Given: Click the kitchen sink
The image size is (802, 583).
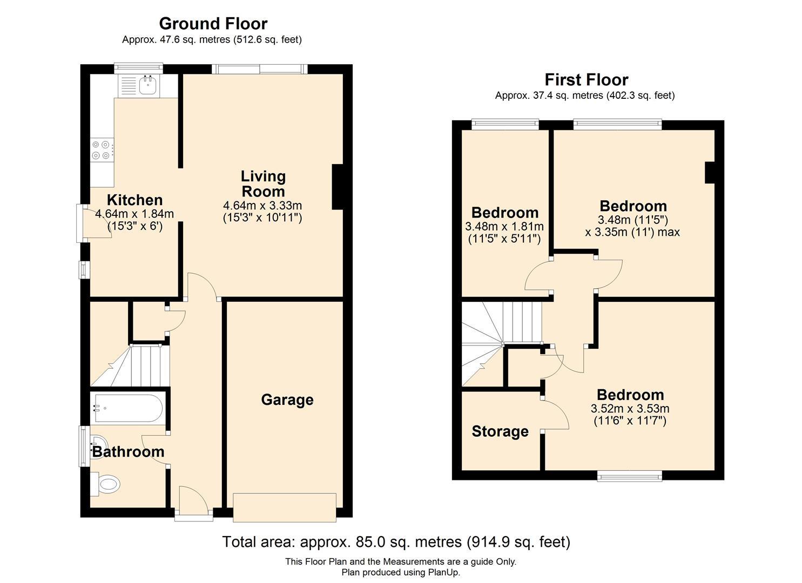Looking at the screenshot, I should [147, 85].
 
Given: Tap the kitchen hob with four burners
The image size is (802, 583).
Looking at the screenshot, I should [102, 150].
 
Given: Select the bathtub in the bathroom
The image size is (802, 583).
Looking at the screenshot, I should [128, 408].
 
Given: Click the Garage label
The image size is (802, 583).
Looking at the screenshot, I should [287, 400].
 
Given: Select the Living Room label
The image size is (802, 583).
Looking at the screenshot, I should [263, 184].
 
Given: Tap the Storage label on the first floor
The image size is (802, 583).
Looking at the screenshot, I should [500, 431].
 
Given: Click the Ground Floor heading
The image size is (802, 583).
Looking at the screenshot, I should [213, 24].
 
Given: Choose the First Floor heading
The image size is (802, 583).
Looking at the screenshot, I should [586, 80].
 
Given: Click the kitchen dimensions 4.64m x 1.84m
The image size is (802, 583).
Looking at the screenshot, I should [134, 214].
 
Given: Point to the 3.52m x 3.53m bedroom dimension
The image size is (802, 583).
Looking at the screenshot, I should [630, 409].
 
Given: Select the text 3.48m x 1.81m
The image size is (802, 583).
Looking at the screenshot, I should [504, 227].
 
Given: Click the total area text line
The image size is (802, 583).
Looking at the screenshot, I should [396, 541].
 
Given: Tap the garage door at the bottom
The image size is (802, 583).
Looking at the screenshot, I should [285, 507].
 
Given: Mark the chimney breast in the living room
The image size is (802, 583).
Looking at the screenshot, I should [338, 187].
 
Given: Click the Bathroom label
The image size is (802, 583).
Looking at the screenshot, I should [128, 452].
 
